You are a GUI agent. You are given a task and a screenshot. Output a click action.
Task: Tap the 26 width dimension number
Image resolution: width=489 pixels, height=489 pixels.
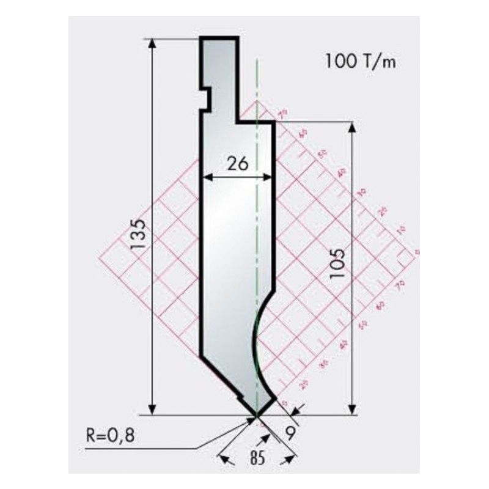[x=237, y=164]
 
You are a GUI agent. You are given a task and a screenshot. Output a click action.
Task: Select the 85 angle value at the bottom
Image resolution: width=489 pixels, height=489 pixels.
[x=257, y=458]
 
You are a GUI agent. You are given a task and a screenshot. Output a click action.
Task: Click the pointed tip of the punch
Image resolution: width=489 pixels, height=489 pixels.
[x=257, y=416]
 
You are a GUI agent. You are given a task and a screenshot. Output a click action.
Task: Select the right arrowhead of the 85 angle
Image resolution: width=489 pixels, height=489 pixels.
[x=292, y=458]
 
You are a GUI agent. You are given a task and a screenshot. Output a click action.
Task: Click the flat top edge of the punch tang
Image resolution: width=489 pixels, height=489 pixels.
[x=219, y=38]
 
